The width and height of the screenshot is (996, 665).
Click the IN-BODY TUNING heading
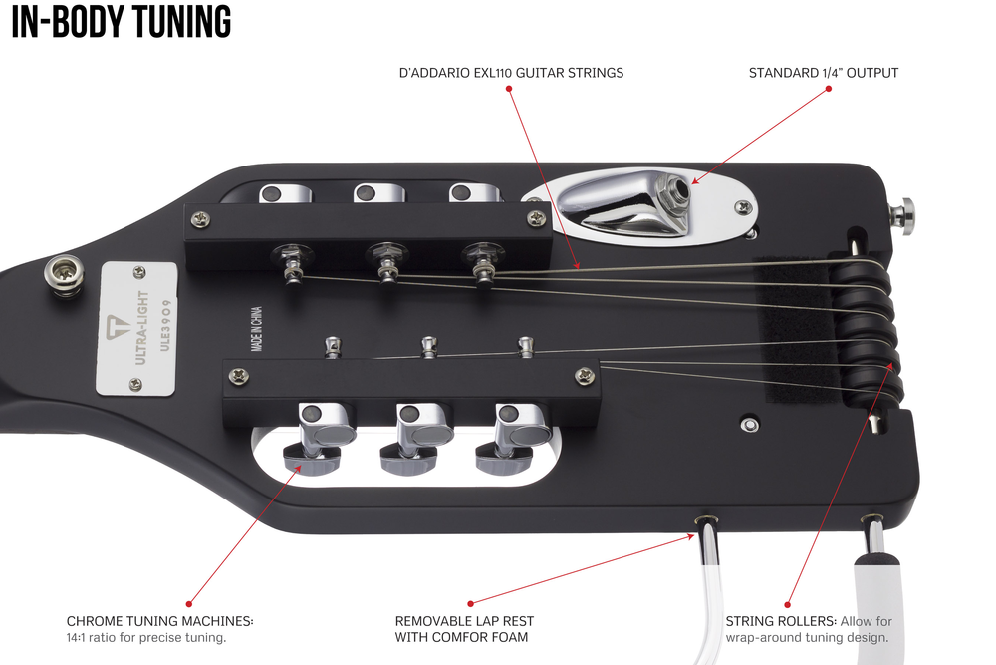click(x=122, y=22)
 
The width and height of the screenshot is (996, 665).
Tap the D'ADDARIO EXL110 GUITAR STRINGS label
click(x=511, y=73)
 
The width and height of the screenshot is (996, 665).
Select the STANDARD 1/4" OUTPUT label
click(x=824, y=73)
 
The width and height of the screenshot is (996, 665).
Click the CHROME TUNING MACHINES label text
click(x=160, y=621)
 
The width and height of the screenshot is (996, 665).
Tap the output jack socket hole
click(x=680, y=186)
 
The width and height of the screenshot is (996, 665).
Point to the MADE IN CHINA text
click(x=257, y=330)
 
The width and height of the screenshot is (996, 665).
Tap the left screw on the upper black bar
click(x=201, y=216)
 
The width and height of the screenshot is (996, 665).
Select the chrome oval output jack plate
click(x=637, y=208)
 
